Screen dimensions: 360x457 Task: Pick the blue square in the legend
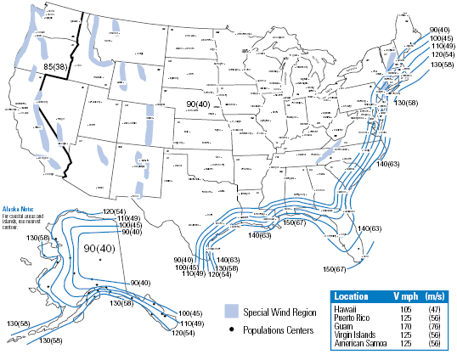click(233, 312)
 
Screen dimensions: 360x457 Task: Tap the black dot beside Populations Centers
click(233, 329)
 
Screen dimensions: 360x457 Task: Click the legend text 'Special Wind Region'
click(280, 312)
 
